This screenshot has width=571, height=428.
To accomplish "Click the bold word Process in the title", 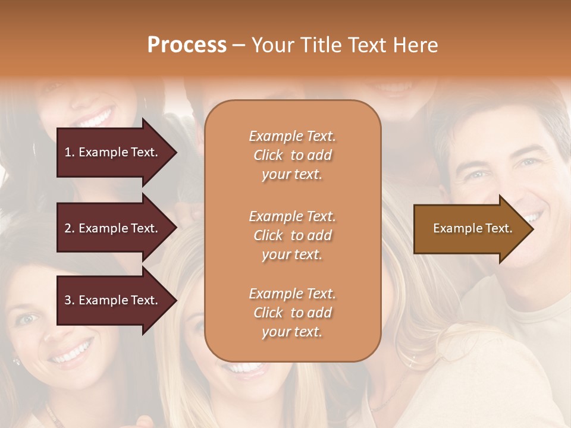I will click(187, 45).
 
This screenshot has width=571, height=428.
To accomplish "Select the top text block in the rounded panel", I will click(292, 155).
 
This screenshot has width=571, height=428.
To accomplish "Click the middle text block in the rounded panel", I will click(292, 235).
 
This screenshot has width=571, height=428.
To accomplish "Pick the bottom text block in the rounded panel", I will click(292, 313).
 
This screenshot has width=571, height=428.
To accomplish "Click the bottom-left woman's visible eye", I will click(27, 319).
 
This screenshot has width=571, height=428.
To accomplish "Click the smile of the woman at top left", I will click(95, 118).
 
